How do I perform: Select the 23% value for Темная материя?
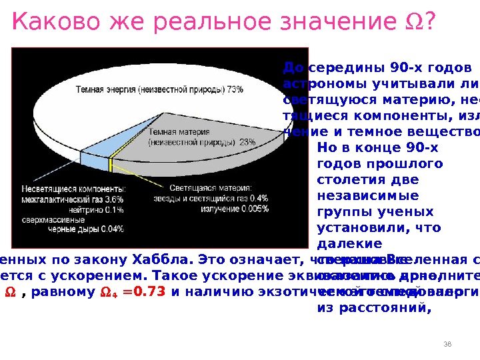pyautogui.click(x=247, y=142)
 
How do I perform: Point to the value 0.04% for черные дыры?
pyautogui.click(x=112, y=229)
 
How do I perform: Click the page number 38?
pyautogui.click(x=447, y=343)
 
